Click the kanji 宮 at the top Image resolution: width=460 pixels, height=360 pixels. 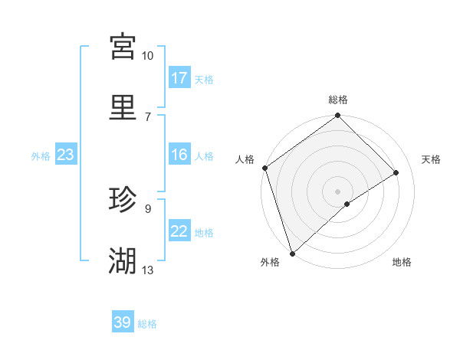click(x=123, y=46)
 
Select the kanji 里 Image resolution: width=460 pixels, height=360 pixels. click(x=123, y=106)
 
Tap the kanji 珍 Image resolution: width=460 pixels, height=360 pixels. click(x=123, y=200)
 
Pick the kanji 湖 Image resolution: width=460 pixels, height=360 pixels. click(x=123, y=261)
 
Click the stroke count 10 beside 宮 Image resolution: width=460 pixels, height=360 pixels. click(x=147, y=56)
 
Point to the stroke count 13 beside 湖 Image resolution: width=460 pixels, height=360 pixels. click(x=148, y=270)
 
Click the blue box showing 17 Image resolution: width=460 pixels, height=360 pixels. click(x=179, y=78)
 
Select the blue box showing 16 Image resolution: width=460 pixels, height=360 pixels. click(x=179, y=155)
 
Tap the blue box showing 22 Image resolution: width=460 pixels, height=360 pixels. click(x=179, y=231)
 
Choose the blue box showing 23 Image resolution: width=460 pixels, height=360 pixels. click(x=65, y=155)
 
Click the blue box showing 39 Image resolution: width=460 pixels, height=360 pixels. click(x=123, y=322)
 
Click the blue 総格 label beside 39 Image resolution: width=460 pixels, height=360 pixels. click(x=147, y=324)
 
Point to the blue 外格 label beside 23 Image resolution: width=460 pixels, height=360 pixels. click(x=41, y=156)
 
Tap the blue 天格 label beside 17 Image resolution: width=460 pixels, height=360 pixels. click(x=203, y=80)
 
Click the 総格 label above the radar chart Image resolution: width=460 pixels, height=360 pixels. click(x=338, y=100)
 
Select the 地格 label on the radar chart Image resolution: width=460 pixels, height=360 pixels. click(x=402, y=263)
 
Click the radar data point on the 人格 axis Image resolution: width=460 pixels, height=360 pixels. click(x=264, y=168)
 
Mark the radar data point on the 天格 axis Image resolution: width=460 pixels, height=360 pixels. click(x=396, y=172)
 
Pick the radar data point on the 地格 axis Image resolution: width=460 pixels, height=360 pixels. click(x=347, y=204)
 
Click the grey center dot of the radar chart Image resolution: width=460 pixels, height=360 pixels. click(x=337, y=191)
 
